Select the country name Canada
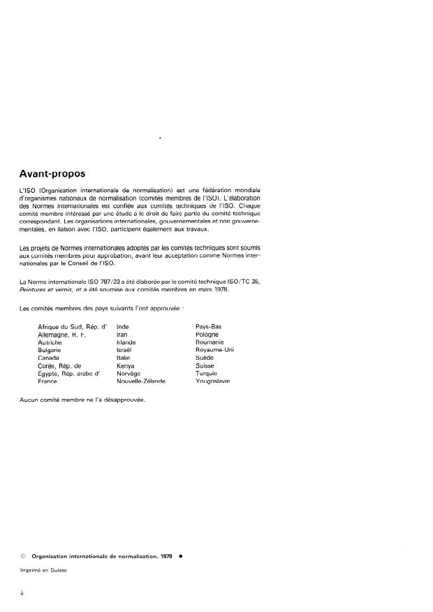click(49, 357)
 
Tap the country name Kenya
click(126, 365)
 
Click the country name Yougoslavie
click(213, 381)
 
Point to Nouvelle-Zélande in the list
click(141, 381)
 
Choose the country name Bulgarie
click(50, 349)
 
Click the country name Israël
click(124, 349)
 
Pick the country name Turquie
click(207, 373)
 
